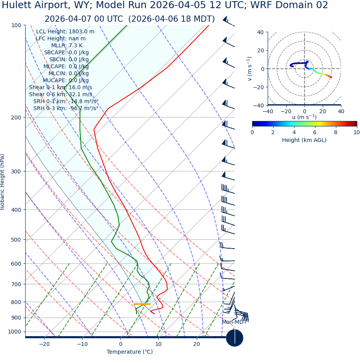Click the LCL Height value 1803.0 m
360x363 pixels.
(81, 31)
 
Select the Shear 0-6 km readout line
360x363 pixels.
(61, 94)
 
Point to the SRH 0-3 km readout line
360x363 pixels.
(66, 108)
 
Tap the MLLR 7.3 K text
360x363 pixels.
(67, 45)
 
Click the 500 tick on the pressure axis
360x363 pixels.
(16, 240)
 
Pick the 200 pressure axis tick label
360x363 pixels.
(16, 118)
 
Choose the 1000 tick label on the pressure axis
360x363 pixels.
(14, 332)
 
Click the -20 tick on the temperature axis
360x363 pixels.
(44, 344)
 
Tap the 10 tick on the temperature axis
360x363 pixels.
(158, 344)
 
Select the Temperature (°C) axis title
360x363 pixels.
(130, 352)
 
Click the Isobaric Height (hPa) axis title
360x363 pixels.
(3, 182)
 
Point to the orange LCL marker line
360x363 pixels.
(142, 304)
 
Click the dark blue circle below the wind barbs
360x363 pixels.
(234, 338)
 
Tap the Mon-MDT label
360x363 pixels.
(234, 322)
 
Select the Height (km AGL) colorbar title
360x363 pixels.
(304, 140)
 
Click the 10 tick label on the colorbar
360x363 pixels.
(356, 132)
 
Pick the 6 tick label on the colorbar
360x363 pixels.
(315, 132)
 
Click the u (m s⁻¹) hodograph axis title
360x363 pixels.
(304, 117)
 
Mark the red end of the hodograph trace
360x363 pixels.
(331, 77)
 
